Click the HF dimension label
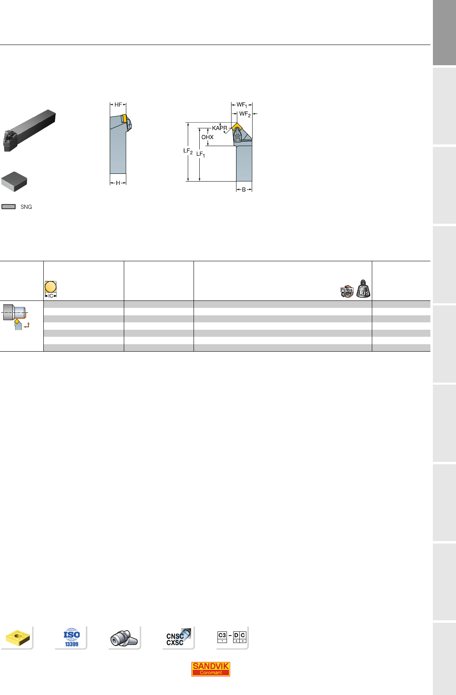click(118, 104)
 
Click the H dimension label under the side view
click(118, 183)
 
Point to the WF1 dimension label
click(242, 105)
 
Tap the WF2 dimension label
click(245, 114)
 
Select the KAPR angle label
click(220, 128)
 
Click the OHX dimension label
click(208, 137)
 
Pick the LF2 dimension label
click(188, 151)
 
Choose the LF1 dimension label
click(201, 154)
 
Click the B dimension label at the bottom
click(244, 189)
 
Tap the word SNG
click(26, 207)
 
